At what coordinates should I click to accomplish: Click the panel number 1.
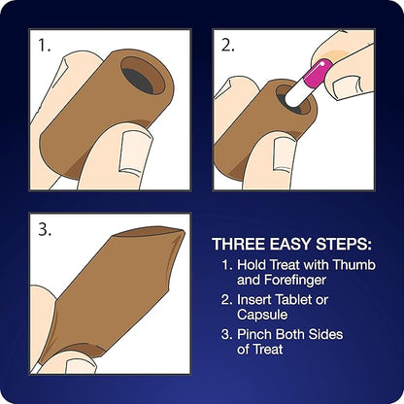pyautogui.click(x=45, y=46)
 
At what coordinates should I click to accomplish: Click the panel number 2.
pyautogui.click(x=228, y=46)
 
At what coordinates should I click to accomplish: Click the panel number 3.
pyautogui.click(x=45, y=229)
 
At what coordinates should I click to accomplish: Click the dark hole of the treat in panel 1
pyautogui.click(x=139, y=81)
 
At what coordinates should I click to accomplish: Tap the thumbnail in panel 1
pyautogui.click(x=134, y=151)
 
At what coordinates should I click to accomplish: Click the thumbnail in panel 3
pyautogui.click(x=81, y=366)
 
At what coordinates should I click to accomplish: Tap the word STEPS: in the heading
pyautogui.click(x=344, y=244)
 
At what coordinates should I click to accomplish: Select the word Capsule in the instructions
pyautogui.click(x=262, y=315)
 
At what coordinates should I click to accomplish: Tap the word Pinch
pyautogui.click(x=253, y=334)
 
